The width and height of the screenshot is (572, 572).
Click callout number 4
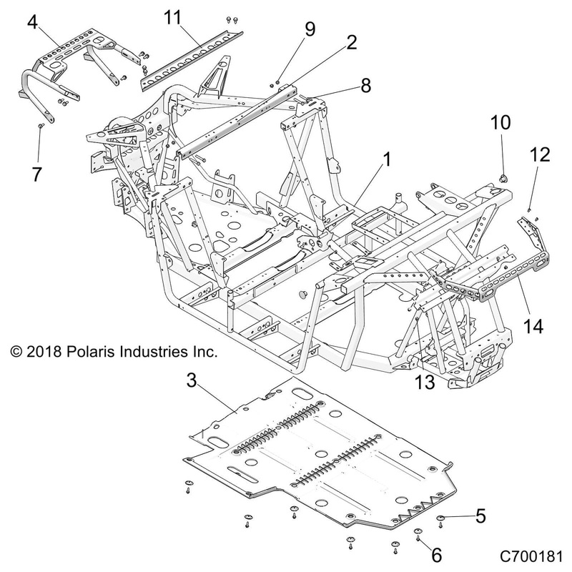coord(32,21)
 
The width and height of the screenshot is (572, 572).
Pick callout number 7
coord(36,174)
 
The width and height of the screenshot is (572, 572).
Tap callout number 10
coord(500,122)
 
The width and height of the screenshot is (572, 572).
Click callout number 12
coord(541,154)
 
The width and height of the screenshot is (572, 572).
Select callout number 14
coord(533,327)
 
